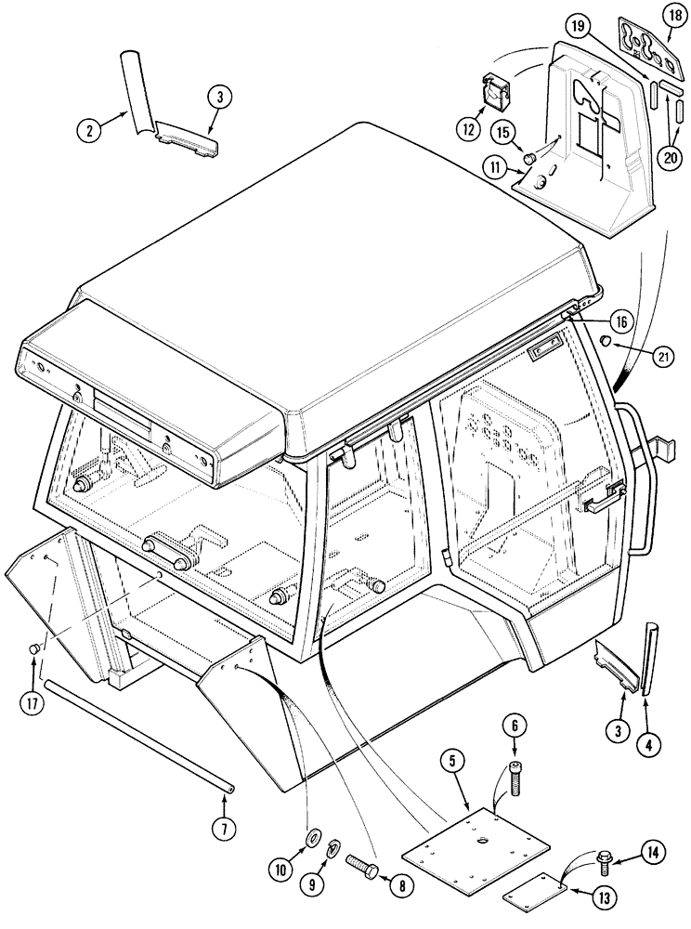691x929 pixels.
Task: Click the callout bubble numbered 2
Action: pos(89,131)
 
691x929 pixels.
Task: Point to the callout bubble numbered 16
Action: pos(621,321)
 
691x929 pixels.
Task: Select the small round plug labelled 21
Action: pos(606,343)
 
